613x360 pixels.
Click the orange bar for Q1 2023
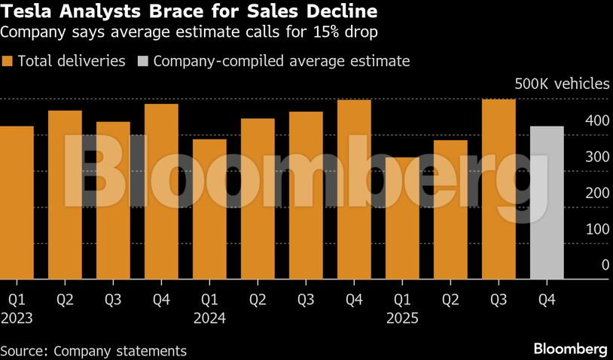tap(17, 203)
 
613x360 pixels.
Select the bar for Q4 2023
tap(161, 191)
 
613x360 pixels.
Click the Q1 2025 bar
tap(402, 218)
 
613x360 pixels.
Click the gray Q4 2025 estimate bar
tap(547, 203)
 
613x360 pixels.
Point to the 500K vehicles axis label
tap(561, 84)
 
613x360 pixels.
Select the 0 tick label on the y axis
tap(605, 265)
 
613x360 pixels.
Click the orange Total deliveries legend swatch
tap(8, 61)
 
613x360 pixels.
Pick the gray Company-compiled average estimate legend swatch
tap(142, 61)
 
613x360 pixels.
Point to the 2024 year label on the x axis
tap(209, 318)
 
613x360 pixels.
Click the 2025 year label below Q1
tap(402, 318)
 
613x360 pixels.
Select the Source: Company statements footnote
tap(93, 351)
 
